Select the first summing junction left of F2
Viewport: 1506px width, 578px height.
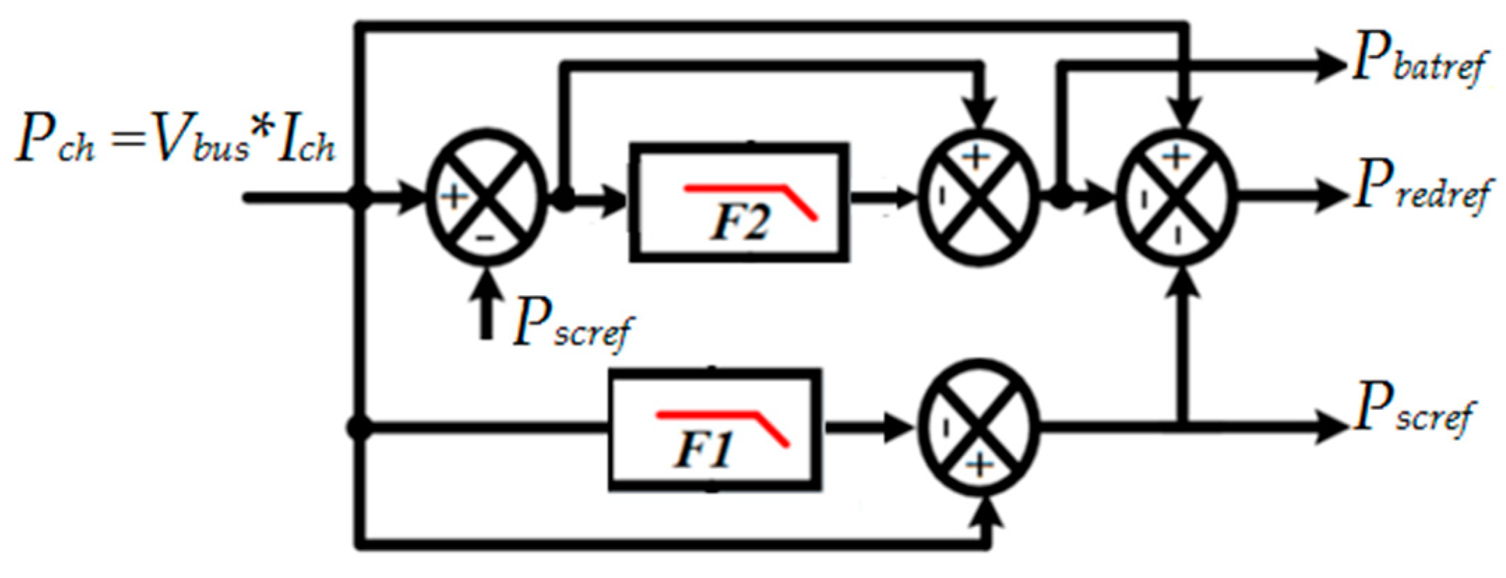click(x=486, y=198)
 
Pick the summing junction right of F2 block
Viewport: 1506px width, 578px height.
click(x=978, y=198)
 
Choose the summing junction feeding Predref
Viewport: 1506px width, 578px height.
click(x=1177, y=198)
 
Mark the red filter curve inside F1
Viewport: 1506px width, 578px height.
click(x=722, y=424)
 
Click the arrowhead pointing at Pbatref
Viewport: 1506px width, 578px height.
click(x=1329, y=66)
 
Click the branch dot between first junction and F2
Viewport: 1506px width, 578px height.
click(x=563, y=199)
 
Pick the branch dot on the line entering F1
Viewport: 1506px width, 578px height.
click(x=359, y=426)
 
